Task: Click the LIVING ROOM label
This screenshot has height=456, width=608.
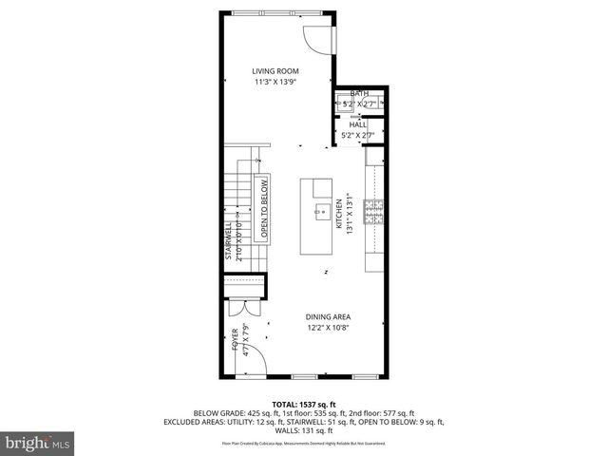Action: point(275,71)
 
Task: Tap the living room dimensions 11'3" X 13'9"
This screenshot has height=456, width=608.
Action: point(275,83)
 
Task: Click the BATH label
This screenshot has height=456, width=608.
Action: point(359,93)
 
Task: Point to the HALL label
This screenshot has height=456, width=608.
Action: point(358,124)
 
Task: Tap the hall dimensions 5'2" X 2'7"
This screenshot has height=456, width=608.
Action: point(358,136)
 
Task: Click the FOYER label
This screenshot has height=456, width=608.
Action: point(235,339)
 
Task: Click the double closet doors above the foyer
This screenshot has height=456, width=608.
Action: point(245,309)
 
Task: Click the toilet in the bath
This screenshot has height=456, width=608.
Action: point(383,104)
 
